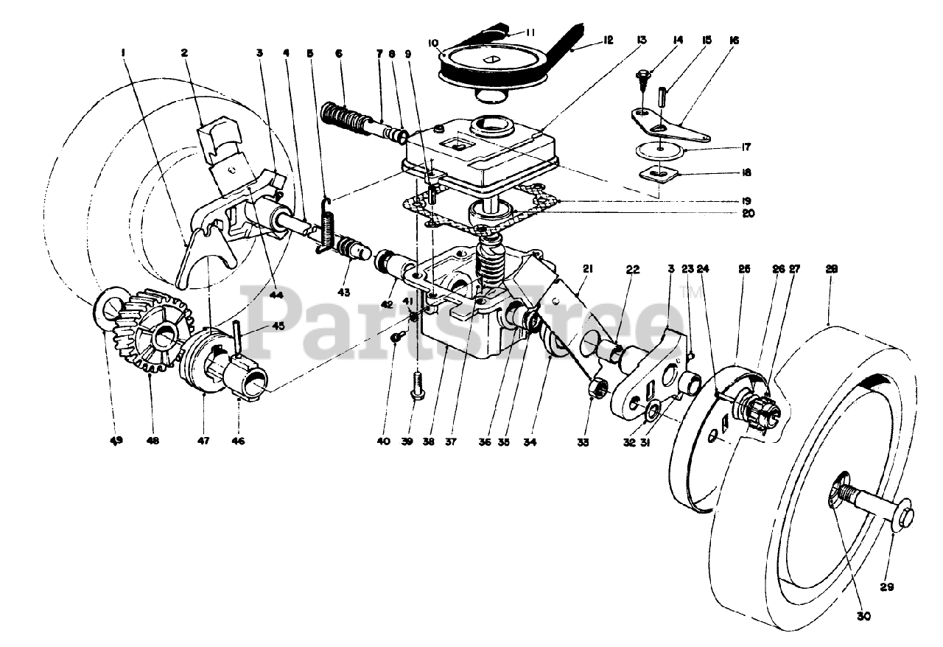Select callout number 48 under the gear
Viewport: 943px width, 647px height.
click(x=153, y=440)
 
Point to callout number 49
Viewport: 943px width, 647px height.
click(x=116, y=440)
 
